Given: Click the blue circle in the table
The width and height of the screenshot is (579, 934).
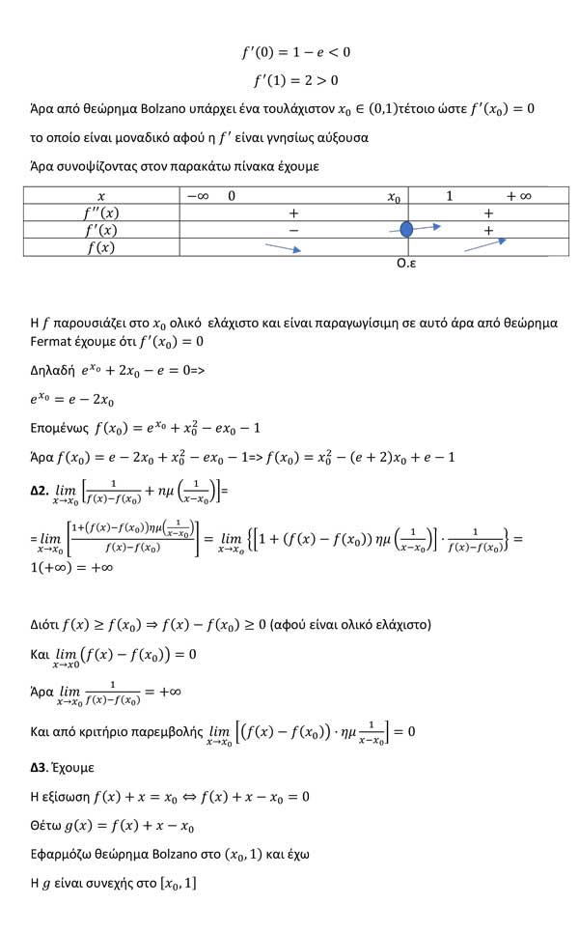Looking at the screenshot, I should pyautogui.click(x=406, y=230).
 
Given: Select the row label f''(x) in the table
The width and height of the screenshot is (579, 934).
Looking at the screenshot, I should pyautogui.click(x=101, y=212).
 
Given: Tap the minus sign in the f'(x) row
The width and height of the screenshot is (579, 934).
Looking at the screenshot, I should pyautogui.click(x=293, y=230).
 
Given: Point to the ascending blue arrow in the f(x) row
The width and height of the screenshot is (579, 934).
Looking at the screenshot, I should pyautogui.click(x=485, y=245).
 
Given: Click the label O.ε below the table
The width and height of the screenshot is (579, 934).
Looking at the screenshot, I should pyautogui.click(x=406, y=263).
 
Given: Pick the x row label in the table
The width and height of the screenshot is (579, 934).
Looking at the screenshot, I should pyautogui.click(x=101, y=196).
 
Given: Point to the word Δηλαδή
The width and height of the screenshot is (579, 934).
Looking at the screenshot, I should pyautogui.click(x=55, y=370).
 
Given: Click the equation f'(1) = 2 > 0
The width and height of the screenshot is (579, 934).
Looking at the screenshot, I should pyautogui.click(x=295, y=80).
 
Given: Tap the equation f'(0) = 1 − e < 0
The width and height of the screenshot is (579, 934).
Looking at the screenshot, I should pyautogui.click(x=295, y=51).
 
